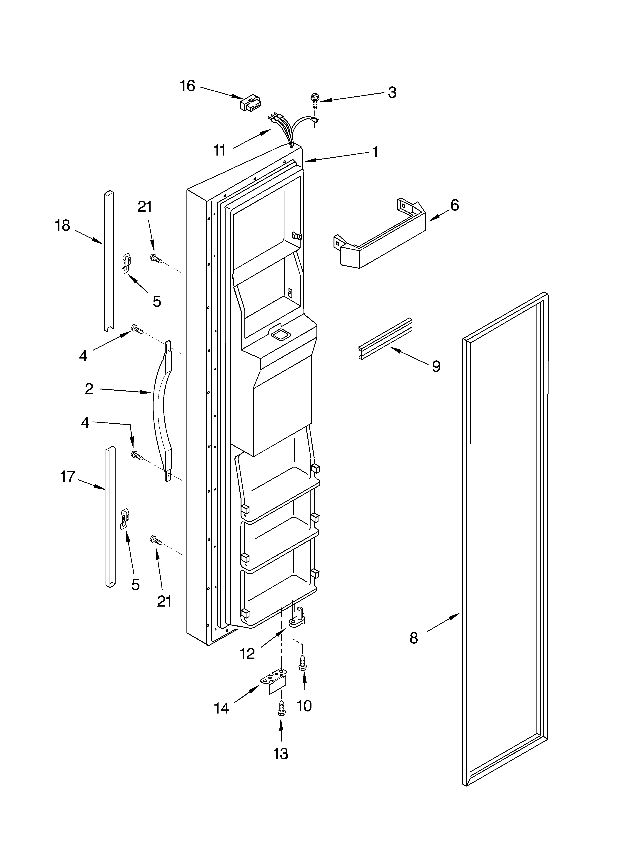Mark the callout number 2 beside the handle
(x=89, y=389)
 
